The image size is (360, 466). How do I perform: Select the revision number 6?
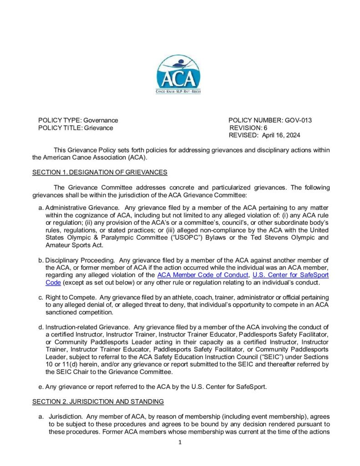265,128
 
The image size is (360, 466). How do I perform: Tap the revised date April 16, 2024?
281,135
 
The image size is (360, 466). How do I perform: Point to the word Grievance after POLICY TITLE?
98,128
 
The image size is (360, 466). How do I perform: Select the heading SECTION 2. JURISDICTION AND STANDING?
98,402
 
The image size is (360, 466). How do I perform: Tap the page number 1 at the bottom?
180,442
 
